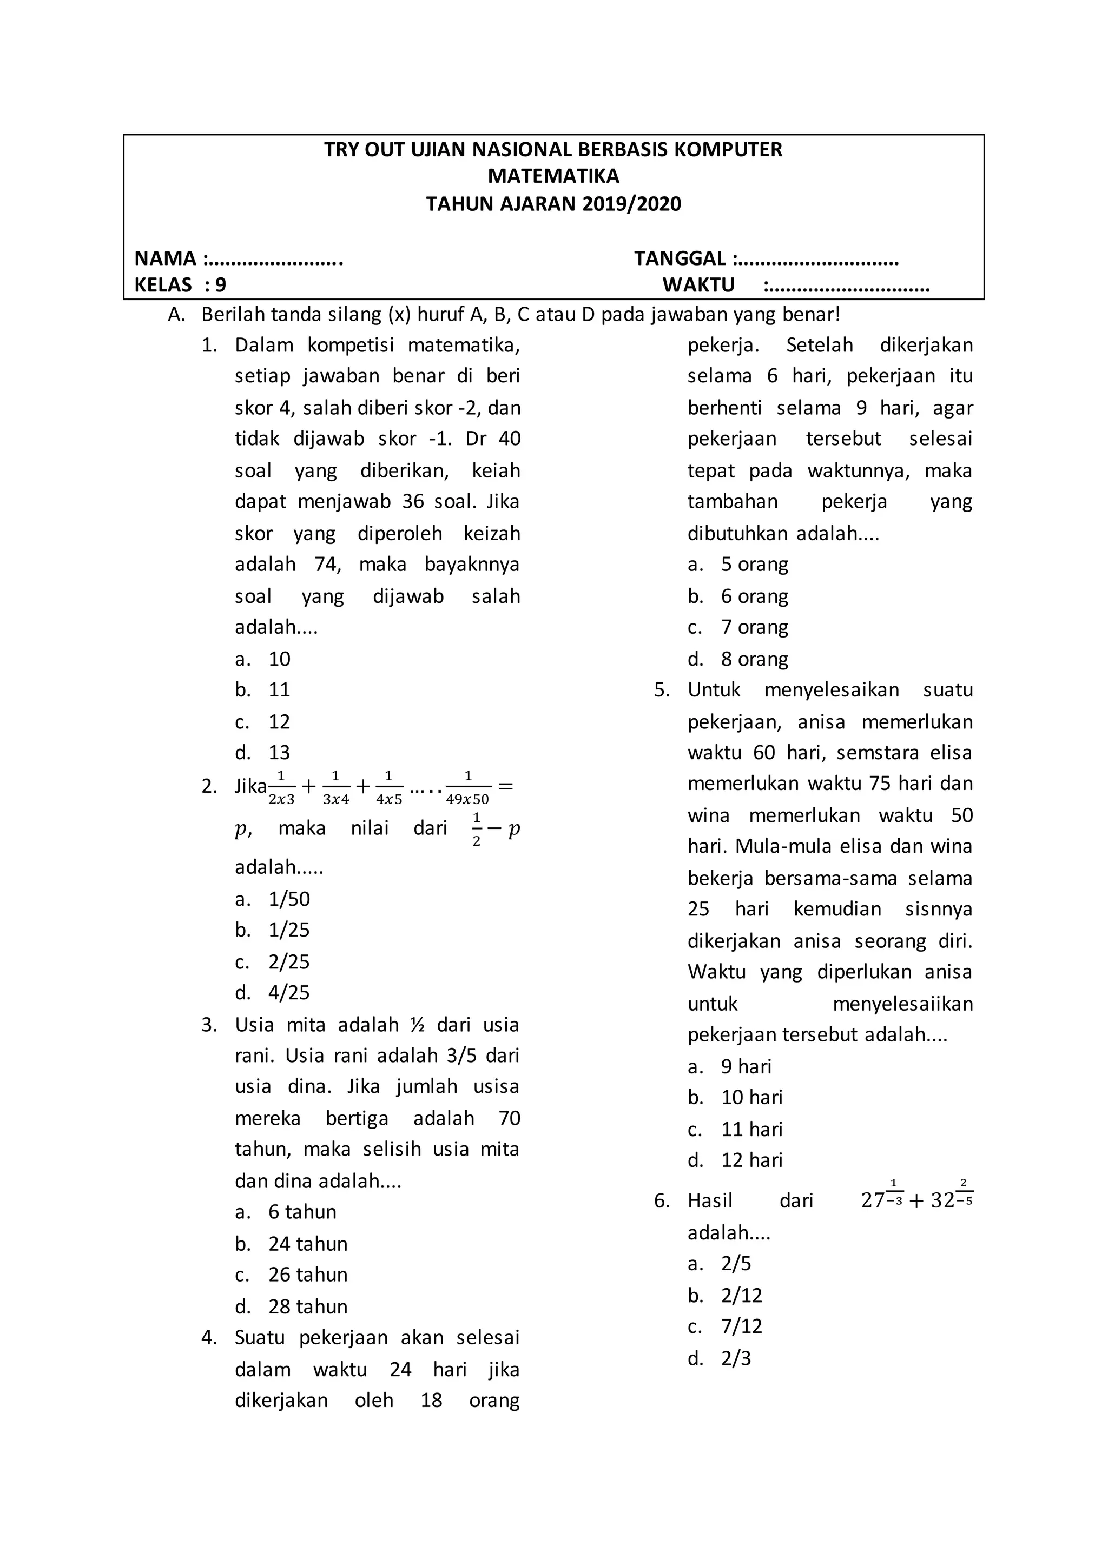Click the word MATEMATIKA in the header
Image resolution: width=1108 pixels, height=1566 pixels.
[x=553, y=176]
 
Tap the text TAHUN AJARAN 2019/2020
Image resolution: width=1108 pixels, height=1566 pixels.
[x=553, y=204]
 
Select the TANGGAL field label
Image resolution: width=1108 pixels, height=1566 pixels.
[x=680, y=258]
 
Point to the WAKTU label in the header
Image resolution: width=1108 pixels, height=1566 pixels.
[x=698, y=285]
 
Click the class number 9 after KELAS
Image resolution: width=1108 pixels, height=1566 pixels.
[x=220, y=285]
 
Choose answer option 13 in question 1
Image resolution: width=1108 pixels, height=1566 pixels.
[x=279, y=753]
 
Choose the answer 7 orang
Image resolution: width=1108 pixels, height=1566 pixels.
[x=755, y=627]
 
